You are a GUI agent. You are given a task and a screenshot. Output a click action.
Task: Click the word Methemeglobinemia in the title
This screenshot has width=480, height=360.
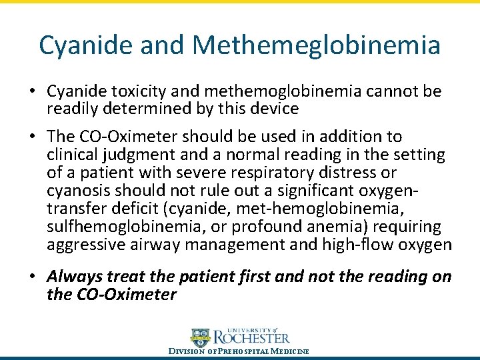point(316,45)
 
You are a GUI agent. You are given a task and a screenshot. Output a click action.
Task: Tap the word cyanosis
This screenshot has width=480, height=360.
point(79,191)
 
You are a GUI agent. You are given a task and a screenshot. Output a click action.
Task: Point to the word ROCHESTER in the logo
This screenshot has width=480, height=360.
point(251,339)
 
